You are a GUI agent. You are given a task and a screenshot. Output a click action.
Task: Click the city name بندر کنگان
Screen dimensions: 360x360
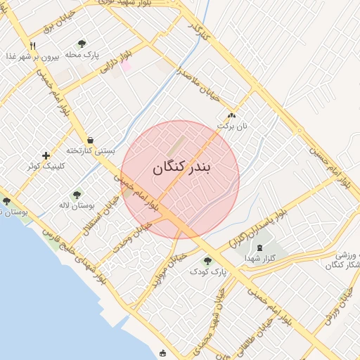(181, 167)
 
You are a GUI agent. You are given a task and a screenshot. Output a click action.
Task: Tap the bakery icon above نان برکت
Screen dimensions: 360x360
(231, 115)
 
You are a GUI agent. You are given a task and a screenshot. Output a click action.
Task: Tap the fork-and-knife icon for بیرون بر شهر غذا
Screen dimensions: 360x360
(32, 46)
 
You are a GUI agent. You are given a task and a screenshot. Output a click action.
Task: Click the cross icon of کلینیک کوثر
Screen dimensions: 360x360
(46, 155)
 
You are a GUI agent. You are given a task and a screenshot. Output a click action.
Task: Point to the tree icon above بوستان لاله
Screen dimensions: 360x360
(77, 195)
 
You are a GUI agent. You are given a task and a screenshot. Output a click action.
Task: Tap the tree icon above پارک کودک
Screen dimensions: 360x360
(207, 261)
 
